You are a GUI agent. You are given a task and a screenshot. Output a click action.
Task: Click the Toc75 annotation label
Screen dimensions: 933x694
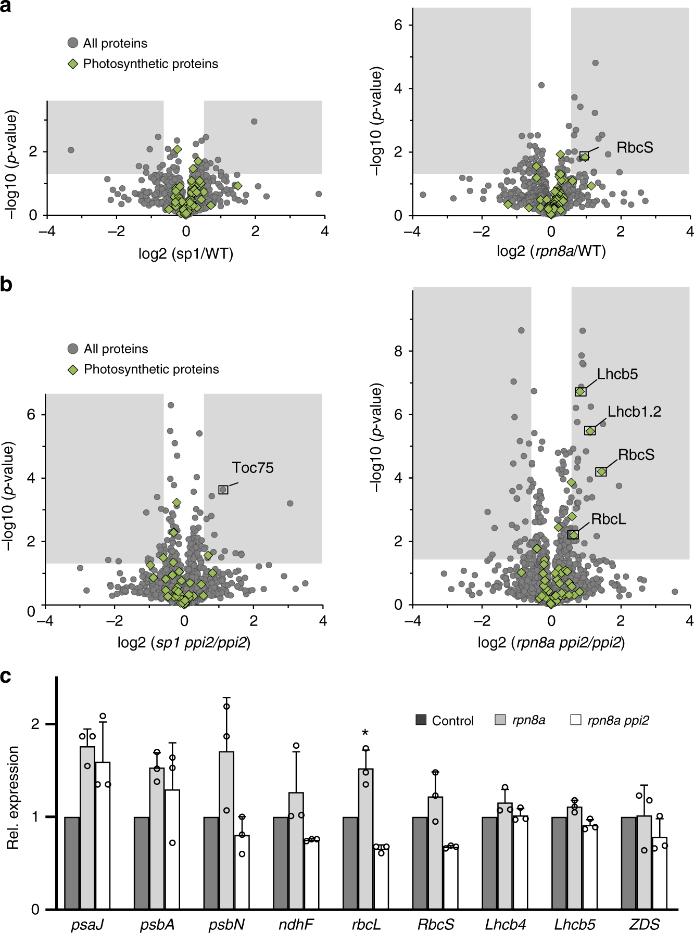click(253, 468)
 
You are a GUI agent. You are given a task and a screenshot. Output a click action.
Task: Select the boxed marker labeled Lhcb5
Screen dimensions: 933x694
click(581, 391)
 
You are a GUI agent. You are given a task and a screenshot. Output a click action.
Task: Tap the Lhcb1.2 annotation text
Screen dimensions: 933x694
click(634, 412)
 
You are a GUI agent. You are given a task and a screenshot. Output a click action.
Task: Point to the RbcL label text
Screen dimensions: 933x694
click(608, 519)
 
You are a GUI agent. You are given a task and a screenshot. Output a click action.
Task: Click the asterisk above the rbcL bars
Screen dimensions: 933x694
click(365, 734)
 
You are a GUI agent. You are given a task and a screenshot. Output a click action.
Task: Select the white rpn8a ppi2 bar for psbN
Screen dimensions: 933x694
click(242, 872)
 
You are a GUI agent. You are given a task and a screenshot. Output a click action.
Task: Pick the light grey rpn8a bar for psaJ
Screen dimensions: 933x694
click(87, 827)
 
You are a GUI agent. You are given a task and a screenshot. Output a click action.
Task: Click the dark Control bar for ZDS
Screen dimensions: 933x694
click(628, 863)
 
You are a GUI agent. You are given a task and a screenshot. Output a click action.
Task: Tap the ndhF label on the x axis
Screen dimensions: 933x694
click(296, 924)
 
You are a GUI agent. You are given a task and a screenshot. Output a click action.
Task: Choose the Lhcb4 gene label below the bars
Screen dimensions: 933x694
click(505, 924)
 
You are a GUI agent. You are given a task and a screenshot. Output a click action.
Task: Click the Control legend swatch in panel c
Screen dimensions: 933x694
click(421, 720)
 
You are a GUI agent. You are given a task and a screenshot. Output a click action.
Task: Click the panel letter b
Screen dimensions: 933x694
click(6, 285)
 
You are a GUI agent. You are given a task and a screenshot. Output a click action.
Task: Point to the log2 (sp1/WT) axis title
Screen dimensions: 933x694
click(185, 254)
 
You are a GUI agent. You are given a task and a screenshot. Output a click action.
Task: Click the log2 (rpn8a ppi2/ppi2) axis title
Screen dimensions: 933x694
click(551, 643)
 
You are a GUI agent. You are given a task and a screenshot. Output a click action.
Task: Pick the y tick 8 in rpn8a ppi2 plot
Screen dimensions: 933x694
click(398, 351)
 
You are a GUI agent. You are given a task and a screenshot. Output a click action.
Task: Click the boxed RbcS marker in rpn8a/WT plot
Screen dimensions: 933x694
click(584, 156)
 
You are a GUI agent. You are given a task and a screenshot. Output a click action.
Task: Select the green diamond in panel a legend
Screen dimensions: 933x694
click(73, 63)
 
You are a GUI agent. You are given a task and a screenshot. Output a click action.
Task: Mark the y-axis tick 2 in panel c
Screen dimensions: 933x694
click(35, 724)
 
